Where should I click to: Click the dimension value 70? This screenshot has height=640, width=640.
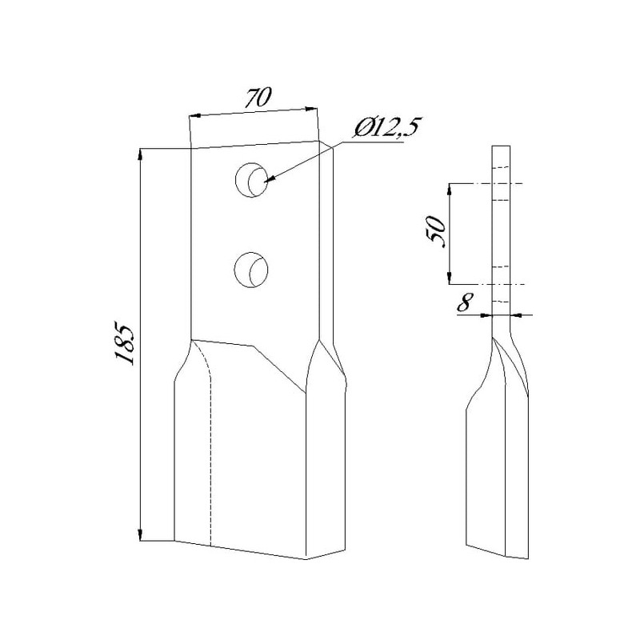pos(258,98)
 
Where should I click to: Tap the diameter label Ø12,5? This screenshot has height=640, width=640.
pos(386,130)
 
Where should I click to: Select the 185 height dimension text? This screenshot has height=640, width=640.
pos(124,343)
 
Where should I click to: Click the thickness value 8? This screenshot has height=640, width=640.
pos(464,302)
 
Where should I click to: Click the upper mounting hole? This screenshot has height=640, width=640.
pos(251,180)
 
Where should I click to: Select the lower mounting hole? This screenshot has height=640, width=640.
pos(251,270)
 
